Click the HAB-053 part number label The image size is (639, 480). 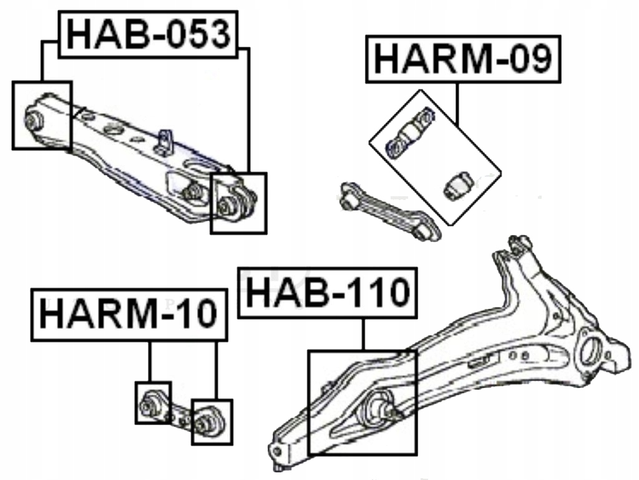click(x=149, y=34)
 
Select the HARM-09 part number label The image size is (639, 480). click(x=463, y=59)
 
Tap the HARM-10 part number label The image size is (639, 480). click(x=129, y=314)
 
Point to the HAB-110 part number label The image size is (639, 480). click(x=327, y=292)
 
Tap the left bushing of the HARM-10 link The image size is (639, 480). click(x=150, y=404)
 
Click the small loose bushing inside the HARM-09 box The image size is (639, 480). click(x=457, y=186)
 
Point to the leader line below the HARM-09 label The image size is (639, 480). click(x=457, y=104)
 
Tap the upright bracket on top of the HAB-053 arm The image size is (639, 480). click(x=164, y=142)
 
